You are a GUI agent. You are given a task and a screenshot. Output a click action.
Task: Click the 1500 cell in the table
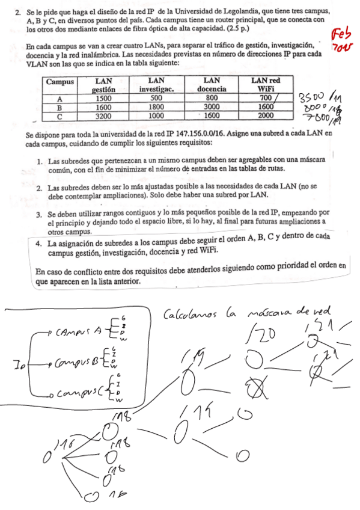[x=103, y=99]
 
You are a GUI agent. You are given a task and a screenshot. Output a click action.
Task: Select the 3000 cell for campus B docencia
[x=212, y=107]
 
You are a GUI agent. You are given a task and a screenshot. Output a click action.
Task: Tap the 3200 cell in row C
[x=103, y=115]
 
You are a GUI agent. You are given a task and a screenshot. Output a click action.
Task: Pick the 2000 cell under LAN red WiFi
[x=266, y=115]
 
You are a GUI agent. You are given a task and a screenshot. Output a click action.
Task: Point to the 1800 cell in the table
[x=156, y=107]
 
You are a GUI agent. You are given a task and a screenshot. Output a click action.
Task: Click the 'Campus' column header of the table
[x=59, y=81]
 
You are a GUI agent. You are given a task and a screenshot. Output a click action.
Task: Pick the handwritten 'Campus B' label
[x=78, y=363]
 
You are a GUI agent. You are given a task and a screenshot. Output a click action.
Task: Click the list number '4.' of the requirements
[x=38, y=244]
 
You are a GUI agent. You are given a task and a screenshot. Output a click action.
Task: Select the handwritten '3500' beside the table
[x=311, y=97]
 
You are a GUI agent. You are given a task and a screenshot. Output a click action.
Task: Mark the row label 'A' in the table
[x=59, y=99]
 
